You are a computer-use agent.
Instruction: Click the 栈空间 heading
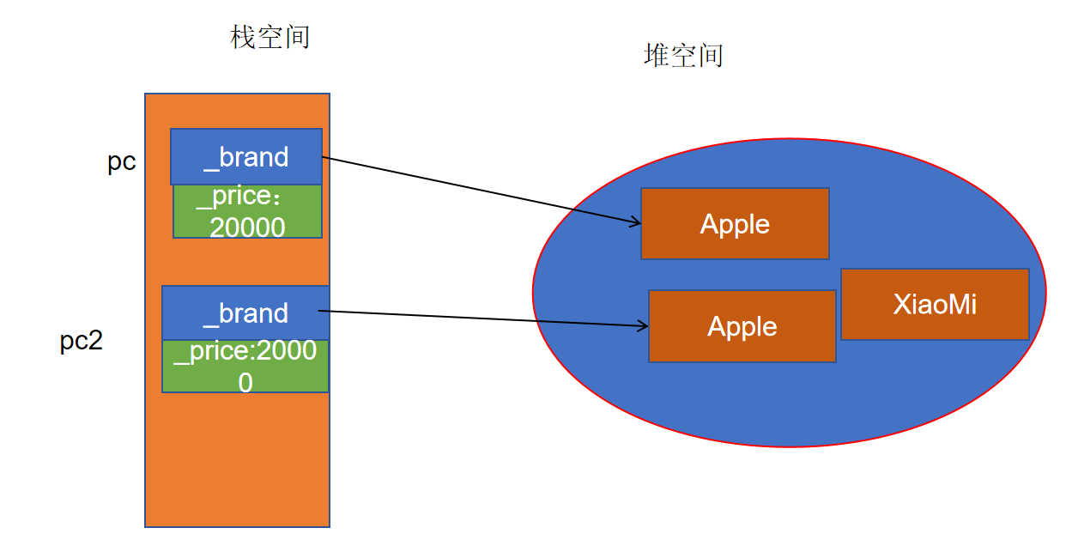pyautogui.click(x=270, y=37)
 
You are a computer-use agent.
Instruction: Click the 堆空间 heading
pyautogui.click(x=683, y=55)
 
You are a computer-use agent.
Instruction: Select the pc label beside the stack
pyautogui.click(x=122, y=162)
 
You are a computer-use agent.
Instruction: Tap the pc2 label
pyautogui.click(x=82, y=341)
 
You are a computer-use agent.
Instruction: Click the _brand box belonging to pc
pyautogui.click(x=246, y=156)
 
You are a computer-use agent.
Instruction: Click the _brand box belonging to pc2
pyautogui.click(x=245, y=312)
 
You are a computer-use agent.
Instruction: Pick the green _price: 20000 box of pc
pyautogui.click(x=247, y=212)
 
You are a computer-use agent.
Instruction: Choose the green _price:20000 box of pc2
pyautogui.click(x=245, y=367)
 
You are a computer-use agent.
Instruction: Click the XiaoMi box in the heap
pyautogui.click(x=935, y=304)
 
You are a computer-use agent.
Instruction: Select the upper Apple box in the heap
pyautogui.click(x=735, y=223)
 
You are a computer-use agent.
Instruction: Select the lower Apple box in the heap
pyautogui.click(x=742, y=326)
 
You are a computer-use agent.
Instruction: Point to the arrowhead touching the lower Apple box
pyautogui.click(x=644, y=325)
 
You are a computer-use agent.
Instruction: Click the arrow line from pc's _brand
pyautogui.click(x=481, y=190)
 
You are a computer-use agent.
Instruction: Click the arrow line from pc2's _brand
pyautogui.click(x=489, y=318)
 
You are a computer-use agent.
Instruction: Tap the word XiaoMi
pyautogui.click(x=935, y=304)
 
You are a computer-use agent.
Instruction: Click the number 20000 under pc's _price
pyautogui.click(x=247, y=227)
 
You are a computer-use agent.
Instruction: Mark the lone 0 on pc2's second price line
pyautogui.click(x=245, y=382)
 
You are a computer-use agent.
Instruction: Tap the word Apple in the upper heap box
pyautogui.click(x=735, y=223)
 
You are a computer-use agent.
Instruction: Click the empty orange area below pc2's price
pyautogui.click(x=238, y=459)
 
